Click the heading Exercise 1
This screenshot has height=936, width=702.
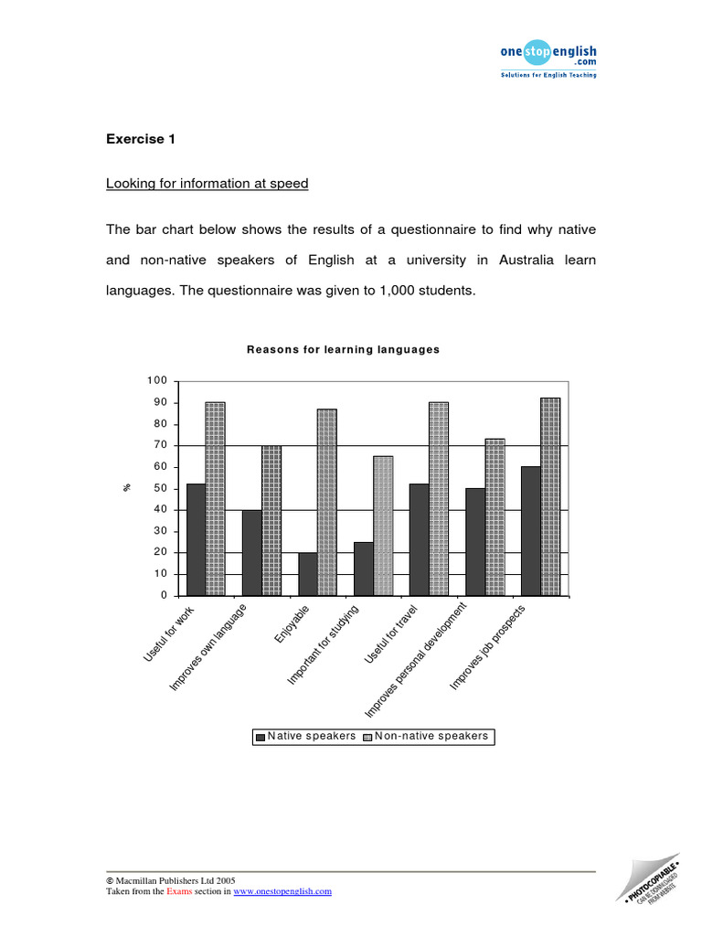pos(140,140)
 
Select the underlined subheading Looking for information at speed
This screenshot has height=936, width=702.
pos(207,184)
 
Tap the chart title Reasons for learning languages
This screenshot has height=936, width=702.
pos(343,349)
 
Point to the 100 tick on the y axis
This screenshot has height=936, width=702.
pos(157,381)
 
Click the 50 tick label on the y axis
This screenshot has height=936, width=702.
pos(160,488)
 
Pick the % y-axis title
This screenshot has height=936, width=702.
pos(126,488)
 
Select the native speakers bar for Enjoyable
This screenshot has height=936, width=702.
pos(307,574)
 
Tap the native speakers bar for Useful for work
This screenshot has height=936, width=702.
pos(196,539)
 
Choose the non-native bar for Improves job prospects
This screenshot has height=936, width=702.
pos(550,496)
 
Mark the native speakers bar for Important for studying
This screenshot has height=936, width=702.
pos(363,569)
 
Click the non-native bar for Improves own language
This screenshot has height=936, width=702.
pos(271,520)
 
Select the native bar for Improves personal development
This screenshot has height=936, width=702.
pos(474,542)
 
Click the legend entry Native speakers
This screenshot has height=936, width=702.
pos(305,736)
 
